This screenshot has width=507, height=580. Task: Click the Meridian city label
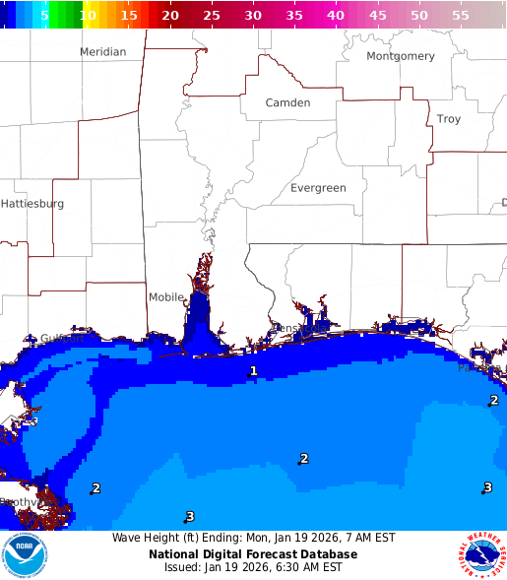tap(102, 51)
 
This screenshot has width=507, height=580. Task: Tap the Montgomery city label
tap(400, 56)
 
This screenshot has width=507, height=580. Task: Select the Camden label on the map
tap(287, 102)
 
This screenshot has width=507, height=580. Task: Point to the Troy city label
tap(448, 119)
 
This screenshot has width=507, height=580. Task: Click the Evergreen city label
tap(318, 188)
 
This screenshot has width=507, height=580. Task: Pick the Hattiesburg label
tap(32, 204)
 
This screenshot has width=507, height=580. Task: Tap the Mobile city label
tap(166, 297)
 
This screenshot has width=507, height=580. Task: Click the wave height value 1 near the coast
tap(253, 371)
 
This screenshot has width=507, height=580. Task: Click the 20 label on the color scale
tap(170, 16)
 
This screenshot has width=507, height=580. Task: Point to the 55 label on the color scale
tap(460, 16)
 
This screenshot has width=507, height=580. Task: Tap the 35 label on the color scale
tap(294, 16)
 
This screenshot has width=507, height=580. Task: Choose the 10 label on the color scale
tap(89, 16)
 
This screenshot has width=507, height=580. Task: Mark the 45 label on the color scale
tap(377, 16)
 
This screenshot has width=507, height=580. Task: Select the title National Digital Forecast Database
tap(253, 553)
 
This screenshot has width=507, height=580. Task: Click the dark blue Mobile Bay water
tap(199, 320)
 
